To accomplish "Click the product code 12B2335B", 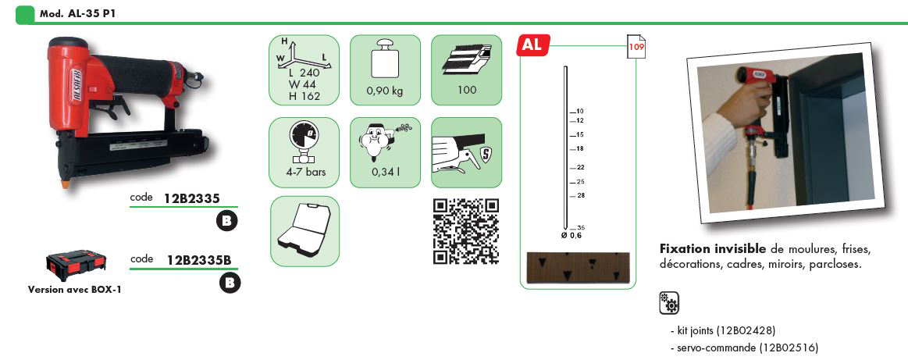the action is (x=199, y=260).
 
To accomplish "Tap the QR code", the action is (x=466, y=231).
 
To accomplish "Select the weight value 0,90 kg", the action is (x=385, y=91).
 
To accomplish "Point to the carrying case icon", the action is (x=304, y=231).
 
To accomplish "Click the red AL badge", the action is (x=532, y=45).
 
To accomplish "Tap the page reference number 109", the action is (x=636, y=48).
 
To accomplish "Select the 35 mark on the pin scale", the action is (x=581, y=228).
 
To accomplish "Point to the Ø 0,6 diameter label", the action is (x=571, y=236).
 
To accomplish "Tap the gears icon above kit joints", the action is (x=669, y=303).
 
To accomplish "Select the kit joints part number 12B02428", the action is (x=746, y=331).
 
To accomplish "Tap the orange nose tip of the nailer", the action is (x=66, y=185).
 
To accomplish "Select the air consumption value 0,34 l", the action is (x=385, y=173).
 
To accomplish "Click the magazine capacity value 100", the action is (x=466, y=90).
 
